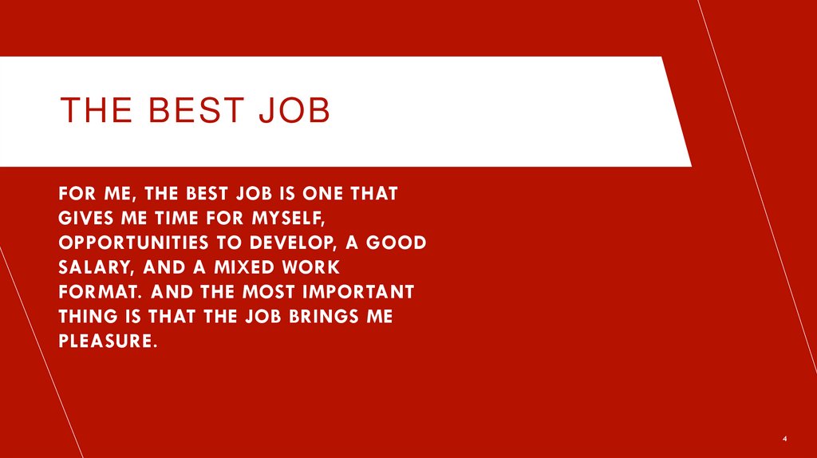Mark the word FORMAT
point(90,292)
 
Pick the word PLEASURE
point(104,342)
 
